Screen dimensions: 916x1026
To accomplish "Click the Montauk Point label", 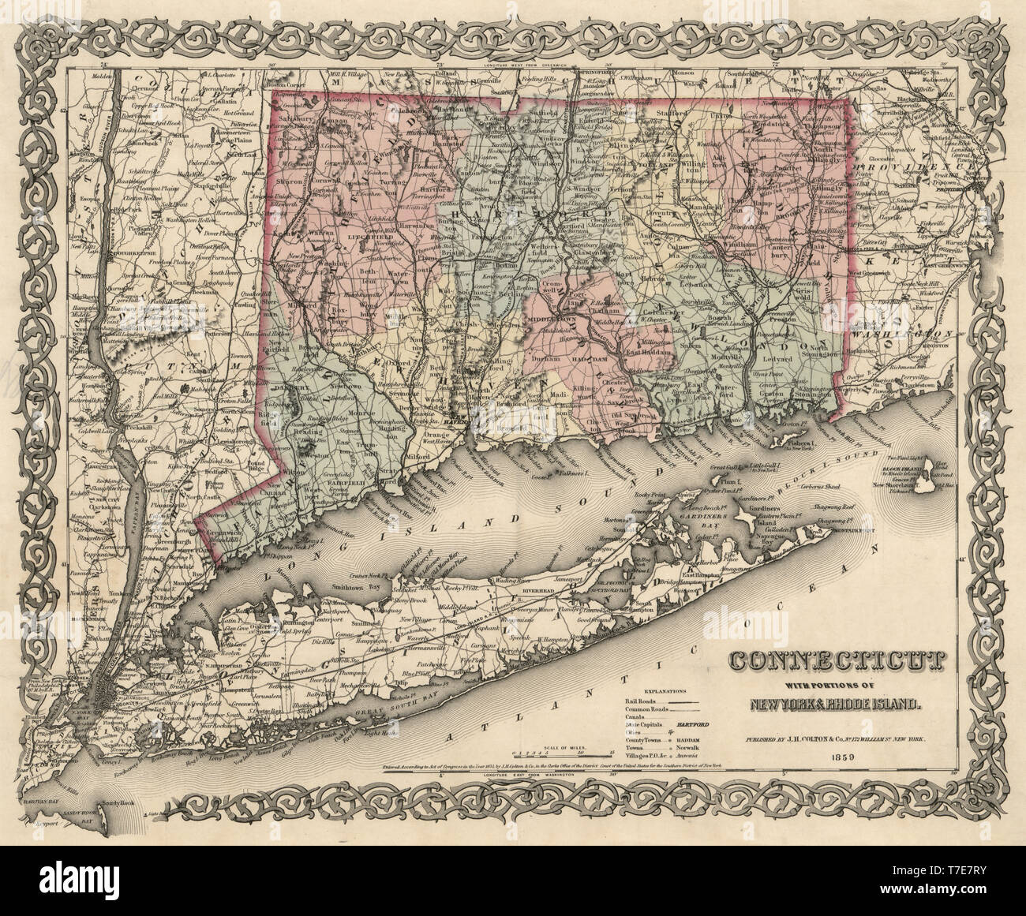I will tap(856, 530).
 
